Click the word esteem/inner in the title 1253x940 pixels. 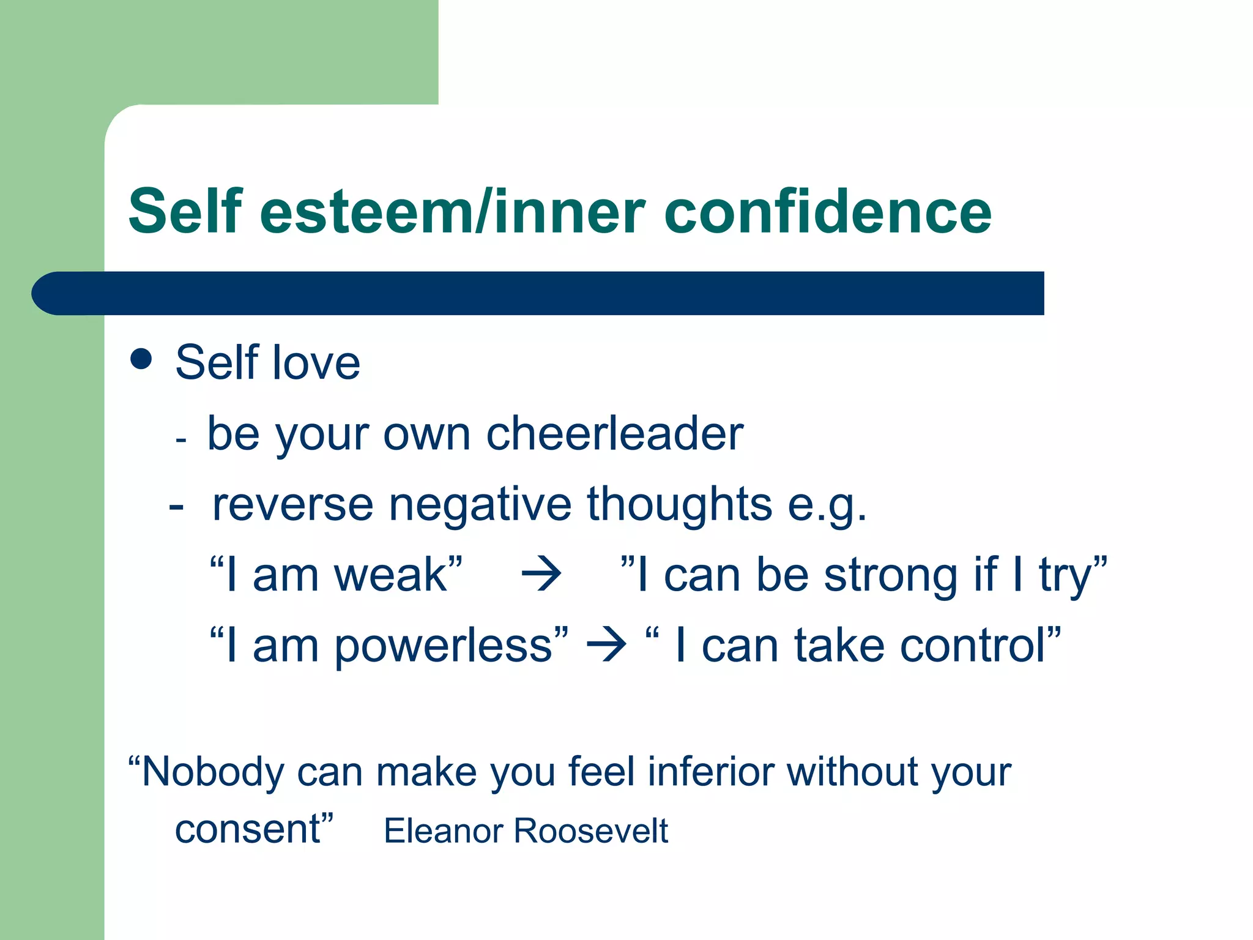point(453,212)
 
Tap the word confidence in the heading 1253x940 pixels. point(827,212)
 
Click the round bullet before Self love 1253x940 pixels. point(141,359)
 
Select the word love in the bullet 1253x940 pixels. point(316,362)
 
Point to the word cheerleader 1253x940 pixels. point(614,433)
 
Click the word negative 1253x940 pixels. point(480,504)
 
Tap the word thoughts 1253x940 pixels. point(679,504)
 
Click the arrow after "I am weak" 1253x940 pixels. point(541,575)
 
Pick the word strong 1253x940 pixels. point(890,575)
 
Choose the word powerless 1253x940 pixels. point(444,646)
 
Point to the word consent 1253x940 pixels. point(247,830)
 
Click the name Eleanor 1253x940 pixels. point(444,831)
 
